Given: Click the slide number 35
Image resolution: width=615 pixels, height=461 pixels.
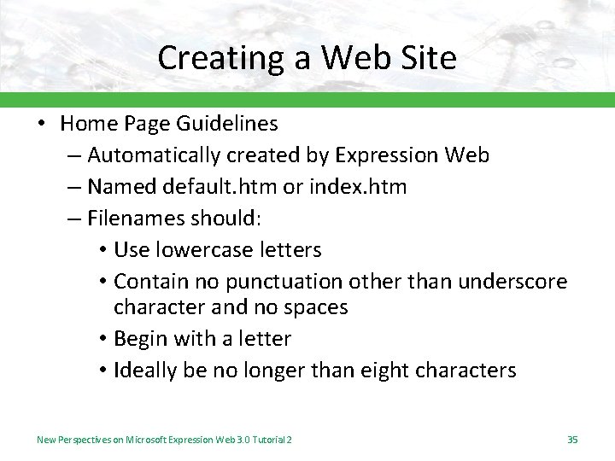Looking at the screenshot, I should [572, 439].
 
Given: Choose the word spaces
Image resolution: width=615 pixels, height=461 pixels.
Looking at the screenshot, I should [313, 307].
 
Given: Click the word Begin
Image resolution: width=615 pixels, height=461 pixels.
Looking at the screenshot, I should [141, 339].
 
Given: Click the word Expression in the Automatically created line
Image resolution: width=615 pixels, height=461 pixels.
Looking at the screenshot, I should [387, 155].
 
